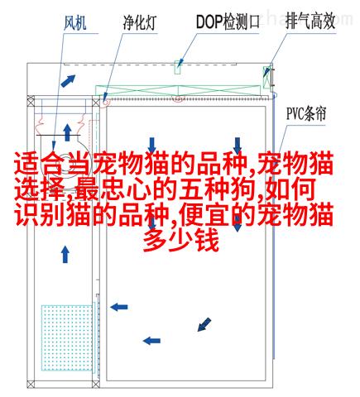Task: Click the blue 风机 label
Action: pos(75,23)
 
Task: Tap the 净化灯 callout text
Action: pos(140,22)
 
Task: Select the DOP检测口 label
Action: pos(228,22)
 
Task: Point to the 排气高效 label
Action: pos(310,21)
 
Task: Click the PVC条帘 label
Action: pos(306,113)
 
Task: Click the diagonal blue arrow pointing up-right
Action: pos(68,80)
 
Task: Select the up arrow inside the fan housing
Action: pos(67,132)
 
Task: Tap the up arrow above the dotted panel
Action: pos(65,254)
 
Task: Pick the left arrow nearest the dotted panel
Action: pos(119,307)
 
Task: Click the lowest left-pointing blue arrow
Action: pos(151,341)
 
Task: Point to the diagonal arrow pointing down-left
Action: pos(204,324)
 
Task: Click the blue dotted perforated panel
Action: pos(67,337)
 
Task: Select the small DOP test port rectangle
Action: pos(178,67)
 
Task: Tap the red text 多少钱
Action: pos(181,241)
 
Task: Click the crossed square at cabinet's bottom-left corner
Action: pos(31,384)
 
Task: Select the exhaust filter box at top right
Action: pos(266,77)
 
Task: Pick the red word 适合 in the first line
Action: pos(40,164)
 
